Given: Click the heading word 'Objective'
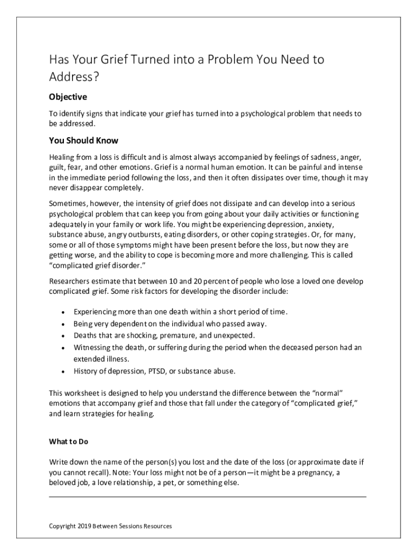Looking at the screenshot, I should (x=68, y=97).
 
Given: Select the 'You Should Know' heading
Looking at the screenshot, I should (x=83, y=141).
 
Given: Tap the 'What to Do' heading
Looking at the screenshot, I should (x=68, y=441).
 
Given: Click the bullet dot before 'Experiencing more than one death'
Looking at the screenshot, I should (x=64, y=313).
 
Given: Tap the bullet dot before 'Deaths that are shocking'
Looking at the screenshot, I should (x=64, y=336).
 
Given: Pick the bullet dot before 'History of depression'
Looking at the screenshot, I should (x=64, y=372).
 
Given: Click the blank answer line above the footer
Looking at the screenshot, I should (x=207, y=496).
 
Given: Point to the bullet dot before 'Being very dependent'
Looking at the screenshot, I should (x=64, y=324).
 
